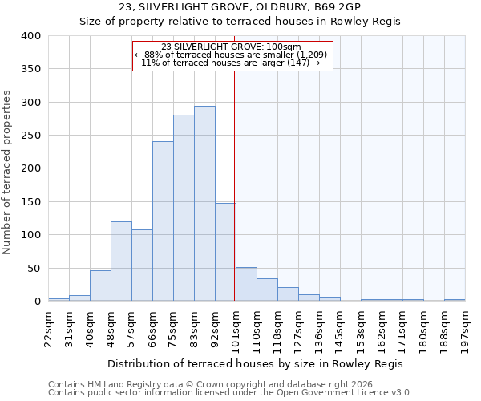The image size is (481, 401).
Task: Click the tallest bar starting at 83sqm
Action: click(x=204, y=204)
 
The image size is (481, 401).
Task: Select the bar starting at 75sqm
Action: click(x=184, y=208)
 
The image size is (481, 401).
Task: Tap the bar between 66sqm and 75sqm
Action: click(x=163, y=221)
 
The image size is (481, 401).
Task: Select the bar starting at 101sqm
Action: click(x=246, y=284)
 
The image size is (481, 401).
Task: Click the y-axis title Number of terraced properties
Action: click(x=9, y=172)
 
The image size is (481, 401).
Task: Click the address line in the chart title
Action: click(x=240, y=8)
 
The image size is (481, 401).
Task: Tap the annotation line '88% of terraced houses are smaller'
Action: click(x=231, y=55)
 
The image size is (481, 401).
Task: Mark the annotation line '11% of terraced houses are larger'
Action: click(x=231, y=63)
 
